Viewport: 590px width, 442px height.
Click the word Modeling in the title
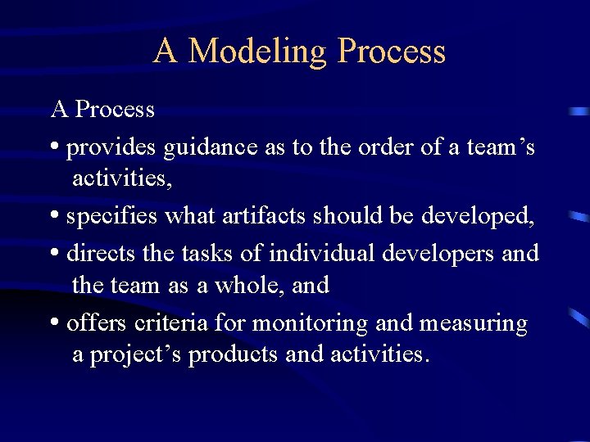pyautogui.click(x=257, y=52)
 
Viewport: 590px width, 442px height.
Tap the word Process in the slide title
pyautogui.click(x=392, y=52)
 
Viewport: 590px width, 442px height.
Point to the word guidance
pyautogui.click(x=211, y=147)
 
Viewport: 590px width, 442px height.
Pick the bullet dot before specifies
pyautogui.click(x=54, y=217)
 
